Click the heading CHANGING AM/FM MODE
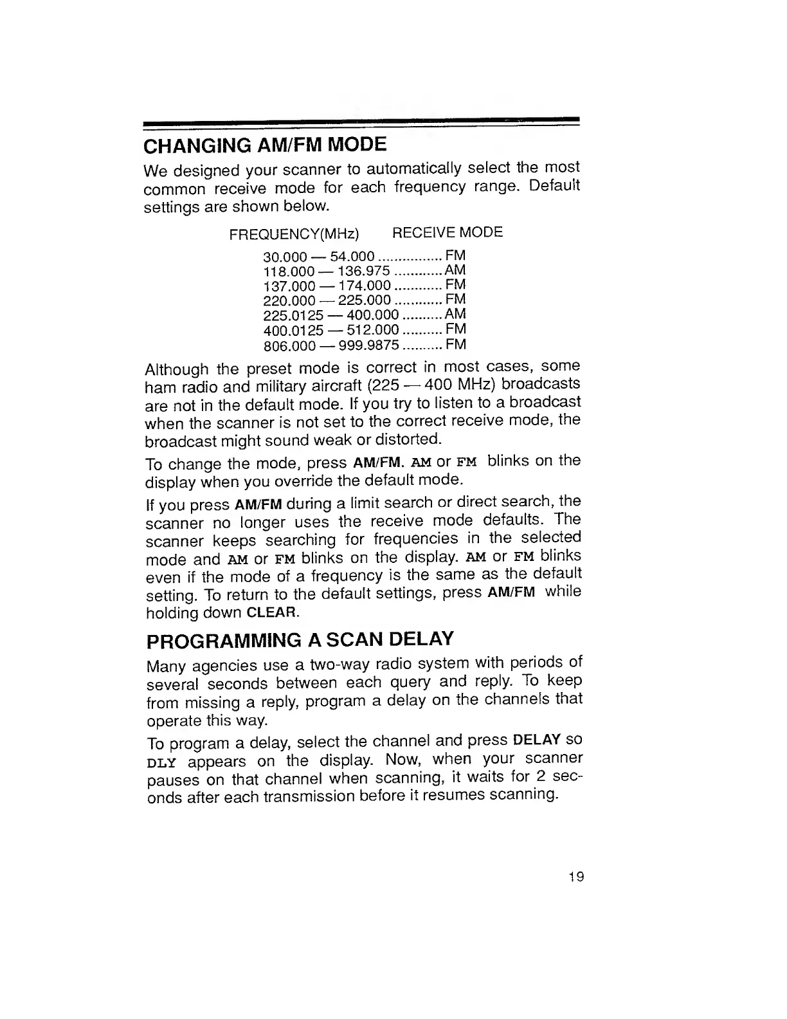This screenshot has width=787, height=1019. pos(265,144)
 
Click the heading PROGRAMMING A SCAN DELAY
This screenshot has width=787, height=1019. pos(300,641)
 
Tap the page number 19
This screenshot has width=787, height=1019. pos(576,877)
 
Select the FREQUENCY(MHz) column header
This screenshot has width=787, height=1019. pos(294,233)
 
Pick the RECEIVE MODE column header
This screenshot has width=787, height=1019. pos(447,232)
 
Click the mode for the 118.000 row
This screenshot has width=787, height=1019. pos(455,270)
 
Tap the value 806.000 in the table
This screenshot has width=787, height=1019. pos(289,346)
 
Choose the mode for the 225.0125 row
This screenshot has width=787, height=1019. pos(455,315)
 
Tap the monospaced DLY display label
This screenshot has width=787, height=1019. pos(161,763)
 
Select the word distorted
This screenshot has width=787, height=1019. pos(412,439)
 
